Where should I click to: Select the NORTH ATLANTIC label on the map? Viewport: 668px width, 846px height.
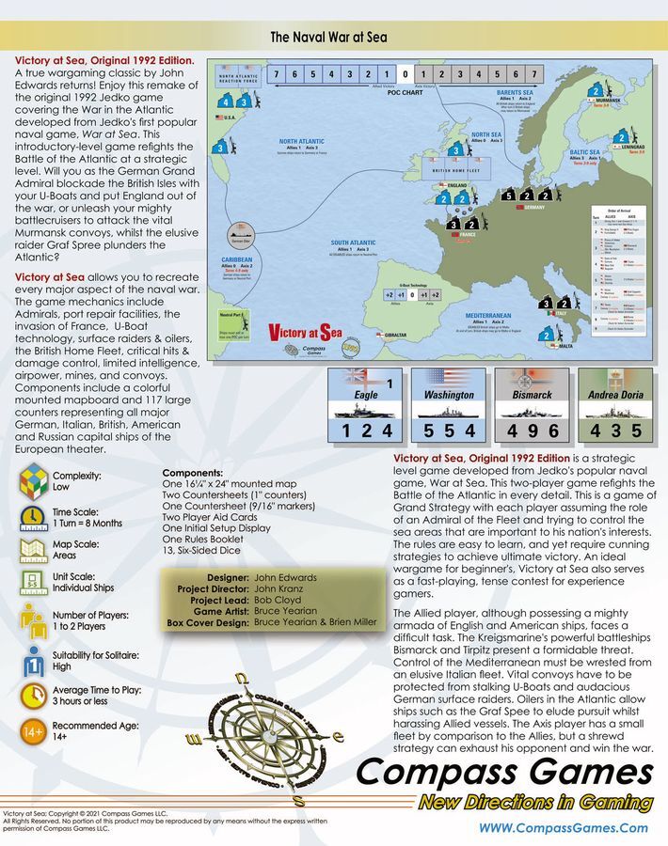pyautogui.click(x=302, y=143)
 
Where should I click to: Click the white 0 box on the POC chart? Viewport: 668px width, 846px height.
pyautogui.click(x=404, y=74)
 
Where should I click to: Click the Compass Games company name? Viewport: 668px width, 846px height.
pyautogui.click(x=504, y=773)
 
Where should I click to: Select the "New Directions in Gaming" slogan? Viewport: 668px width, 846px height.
pyautogui.click(x=536, y=803)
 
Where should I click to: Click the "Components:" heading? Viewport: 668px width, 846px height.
pyautogui.click(x=193, y=473)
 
